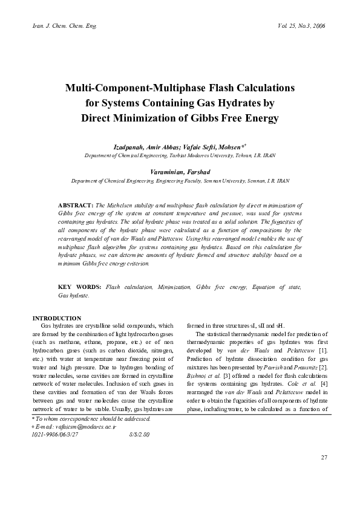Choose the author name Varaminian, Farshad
point(180,172)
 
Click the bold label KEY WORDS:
point(79,287)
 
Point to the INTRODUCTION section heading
point(57,318)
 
